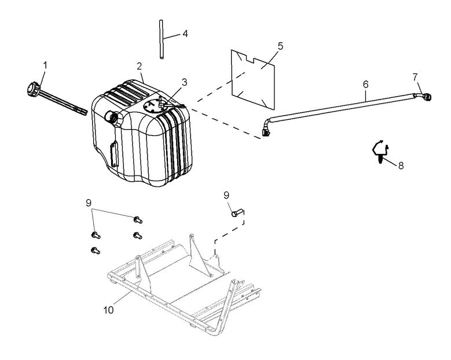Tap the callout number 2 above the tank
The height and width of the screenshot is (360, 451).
click(x=140, y=66)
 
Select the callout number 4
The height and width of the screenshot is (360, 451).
click(x=185, y=34)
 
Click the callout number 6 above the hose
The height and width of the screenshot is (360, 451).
click(x=365, y=85)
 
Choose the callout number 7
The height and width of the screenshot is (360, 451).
click(x=415, y=76)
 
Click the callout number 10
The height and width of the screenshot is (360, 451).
click(x=109, y=310)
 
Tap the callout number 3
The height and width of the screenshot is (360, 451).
click(x=184, y=82)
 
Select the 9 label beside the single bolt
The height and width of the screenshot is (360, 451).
click(x=227, y=195)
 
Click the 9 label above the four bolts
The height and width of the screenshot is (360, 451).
click(x=89, y=203)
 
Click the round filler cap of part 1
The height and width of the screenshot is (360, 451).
click(x=31, y=91)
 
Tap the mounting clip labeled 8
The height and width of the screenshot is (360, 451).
click(x=378, y=152)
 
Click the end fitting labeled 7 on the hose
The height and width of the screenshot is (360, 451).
click(x=424, y=97)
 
